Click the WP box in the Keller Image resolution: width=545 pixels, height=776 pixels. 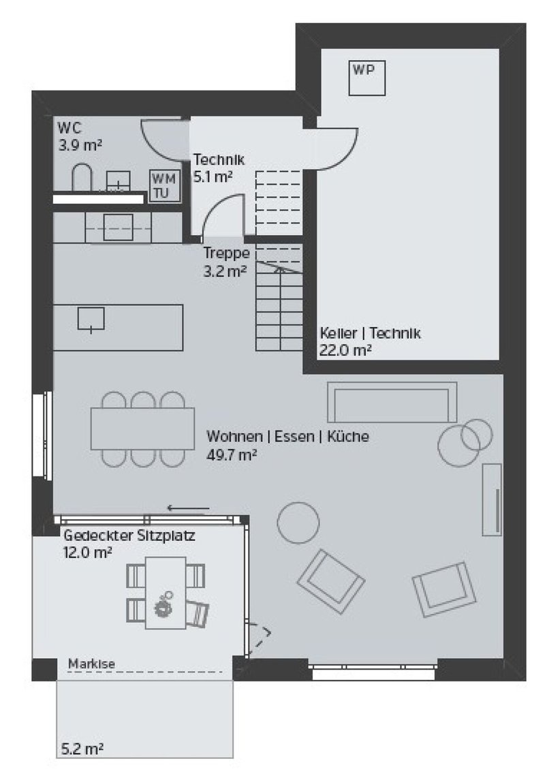click(367, 78)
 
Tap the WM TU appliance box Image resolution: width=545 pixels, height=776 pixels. click(165, 185)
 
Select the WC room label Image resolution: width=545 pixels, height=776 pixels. click(69, 127)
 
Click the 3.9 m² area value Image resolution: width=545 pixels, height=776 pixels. click(80, 146)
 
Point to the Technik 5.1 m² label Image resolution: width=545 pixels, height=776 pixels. click(219, 168)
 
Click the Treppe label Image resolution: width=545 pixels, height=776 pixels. click(227, 253)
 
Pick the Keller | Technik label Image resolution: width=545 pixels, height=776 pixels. click(371, 333)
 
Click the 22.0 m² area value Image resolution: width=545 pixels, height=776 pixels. click(345, 350)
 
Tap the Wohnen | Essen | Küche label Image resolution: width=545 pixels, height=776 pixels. click(287, 437)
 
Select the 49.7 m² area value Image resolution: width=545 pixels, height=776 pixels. click(231, 455)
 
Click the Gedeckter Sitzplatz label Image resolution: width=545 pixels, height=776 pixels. click(129, 536)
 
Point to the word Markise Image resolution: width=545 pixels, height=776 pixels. click(91, 664)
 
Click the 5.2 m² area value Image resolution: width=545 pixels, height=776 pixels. click(82, 749)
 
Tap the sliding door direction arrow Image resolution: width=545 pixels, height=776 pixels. click(188, 508)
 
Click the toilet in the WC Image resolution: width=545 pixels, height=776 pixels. click(82, 177)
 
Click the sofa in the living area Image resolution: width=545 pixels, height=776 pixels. click(392, 402)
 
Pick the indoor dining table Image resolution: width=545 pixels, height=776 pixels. click(142, 429)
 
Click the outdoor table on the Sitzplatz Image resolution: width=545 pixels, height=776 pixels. click(166, 593)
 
